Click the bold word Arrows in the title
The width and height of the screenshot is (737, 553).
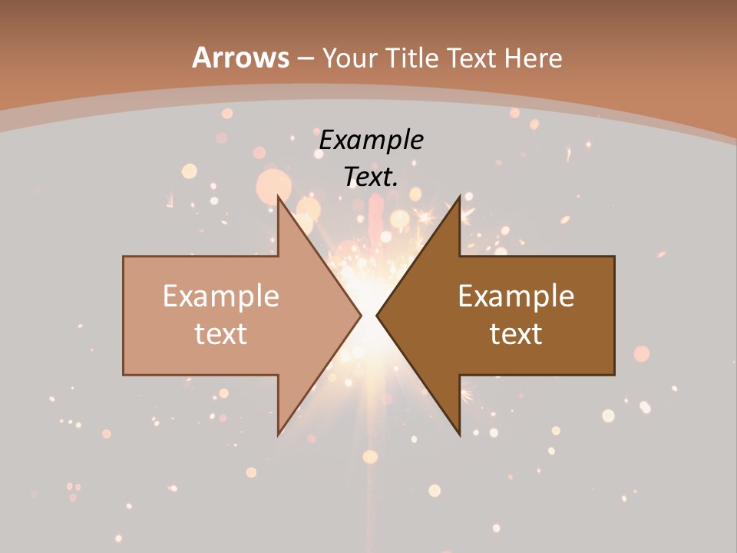click(241, 58)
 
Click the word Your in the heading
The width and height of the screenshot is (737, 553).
click(349, 58)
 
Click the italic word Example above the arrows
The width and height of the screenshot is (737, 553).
click(371, 140)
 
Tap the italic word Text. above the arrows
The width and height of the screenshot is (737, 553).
click(371, 177)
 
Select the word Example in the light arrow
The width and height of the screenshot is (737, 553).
click(221, 296)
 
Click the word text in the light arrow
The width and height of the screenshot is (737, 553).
click(221, 333)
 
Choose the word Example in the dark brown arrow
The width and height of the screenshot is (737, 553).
click(516, 296)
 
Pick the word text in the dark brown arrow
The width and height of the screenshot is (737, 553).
click(516, 333)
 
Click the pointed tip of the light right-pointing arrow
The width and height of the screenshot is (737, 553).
click(361, 315)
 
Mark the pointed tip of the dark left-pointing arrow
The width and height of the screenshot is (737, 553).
click(377, 315)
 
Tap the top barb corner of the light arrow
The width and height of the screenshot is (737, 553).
click(279, 197)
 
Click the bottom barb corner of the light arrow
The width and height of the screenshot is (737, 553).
click(279, 434)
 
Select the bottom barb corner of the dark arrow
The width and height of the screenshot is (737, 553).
click(459, 434)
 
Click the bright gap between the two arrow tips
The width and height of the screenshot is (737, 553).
click(369, 315)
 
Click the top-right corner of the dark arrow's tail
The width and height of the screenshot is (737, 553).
click(614, 257)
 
